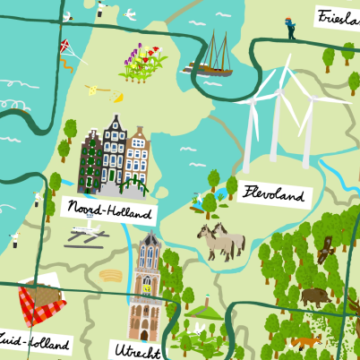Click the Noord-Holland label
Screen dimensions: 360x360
point(109,211)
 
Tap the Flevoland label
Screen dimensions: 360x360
point(272,193)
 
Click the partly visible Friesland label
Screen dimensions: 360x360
point(339,14)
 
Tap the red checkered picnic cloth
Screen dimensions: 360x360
point(42,305)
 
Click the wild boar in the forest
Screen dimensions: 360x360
point(314,296)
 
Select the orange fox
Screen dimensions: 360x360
point(304,341)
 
